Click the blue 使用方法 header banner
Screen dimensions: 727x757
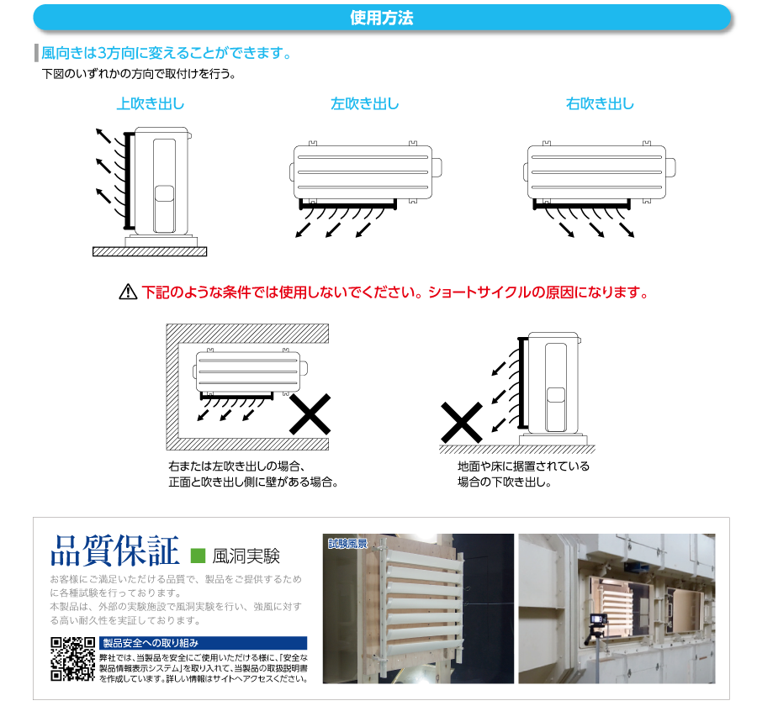[x=380, y=18]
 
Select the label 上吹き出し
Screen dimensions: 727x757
[x=150, y=104]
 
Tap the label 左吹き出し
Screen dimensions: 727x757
[x=364, y=104]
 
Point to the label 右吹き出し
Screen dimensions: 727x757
[x=600, y=104]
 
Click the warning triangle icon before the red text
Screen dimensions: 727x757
[x=128, y=292]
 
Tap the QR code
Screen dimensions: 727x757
[x=71, y=659]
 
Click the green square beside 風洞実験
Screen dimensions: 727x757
[x=199, y=556]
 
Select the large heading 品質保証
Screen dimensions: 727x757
[x=115, y=552]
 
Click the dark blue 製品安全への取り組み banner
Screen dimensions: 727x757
[x=202, y=643]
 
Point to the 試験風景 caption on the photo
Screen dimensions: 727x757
[x=348, y=543]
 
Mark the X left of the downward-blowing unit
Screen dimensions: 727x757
[x=462, y=423]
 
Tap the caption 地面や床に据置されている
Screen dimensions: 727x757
[x=523, y=466]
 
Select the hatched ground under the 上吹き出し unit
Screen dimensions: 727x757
[x=149, y=251]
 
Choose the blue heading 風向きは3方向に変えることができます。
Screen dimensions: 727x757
[x=167, y=54]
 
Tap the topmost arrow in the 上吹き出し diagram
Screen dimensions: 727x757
[x=101, y=135]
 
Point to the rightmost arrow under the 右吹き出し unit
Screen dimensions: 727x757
[x=627, y=230]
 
